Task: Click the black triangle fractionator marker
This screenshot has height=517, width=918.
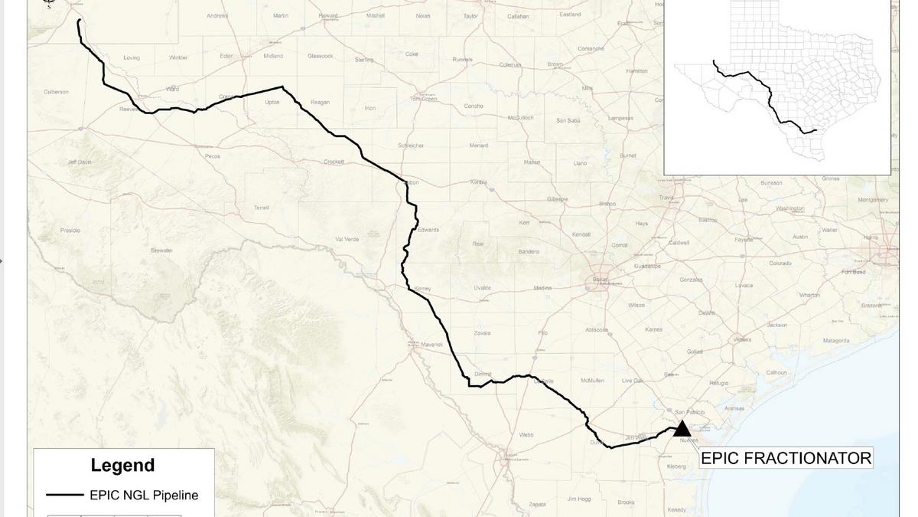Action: (682, 429)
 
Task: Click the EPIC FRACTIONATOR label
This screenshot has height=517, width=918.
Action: (786, 458)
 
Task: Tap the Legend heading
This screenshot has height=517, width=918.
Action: (122, 465)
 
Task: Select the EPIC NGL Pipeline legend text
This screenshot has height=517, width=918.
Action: (144, 496)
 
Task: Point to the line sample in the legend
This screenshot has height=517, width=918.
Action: (64, 496)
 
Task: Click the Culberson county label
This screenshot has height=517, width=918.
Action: (56, 92)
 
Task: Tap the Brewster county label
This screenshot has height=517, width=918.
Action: (161, 250)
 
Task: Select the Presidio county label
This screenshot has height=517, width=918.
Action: (70, 230)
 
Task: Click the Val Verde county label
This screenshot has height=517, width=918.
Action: (347, 239)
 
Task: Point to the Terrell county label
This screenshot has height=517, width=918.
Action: (262, 208)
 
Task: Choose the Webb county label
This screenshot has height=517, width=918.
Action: (526, 434)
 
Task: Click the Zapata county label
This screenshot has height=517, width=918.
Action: (537, 504)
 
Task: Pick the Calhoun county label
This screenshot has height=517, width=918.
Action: (776, 373)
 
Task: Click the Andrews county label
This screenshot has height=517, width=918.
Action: (217, 15)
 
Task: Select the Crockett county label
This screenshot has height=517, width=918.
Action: (334, 162)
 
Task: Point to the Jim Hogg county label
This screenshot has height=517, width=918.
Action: (579, 499)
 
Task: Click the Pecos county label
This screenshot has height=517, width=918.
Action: (213, 156)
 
